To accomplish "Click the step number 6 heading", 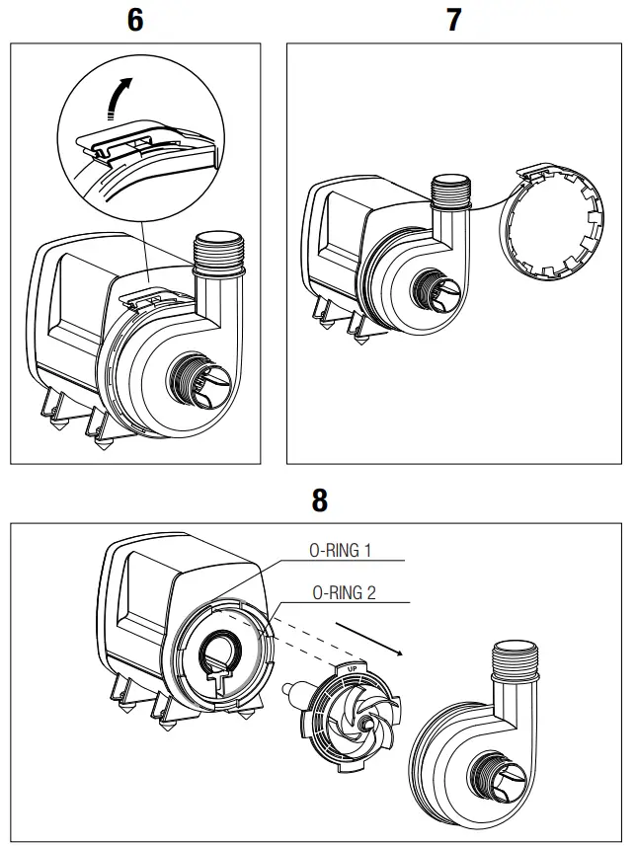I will (135, 20).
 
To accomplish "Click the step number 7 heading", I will (453, 20).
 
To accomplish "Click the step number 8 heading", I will (319, 500).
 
